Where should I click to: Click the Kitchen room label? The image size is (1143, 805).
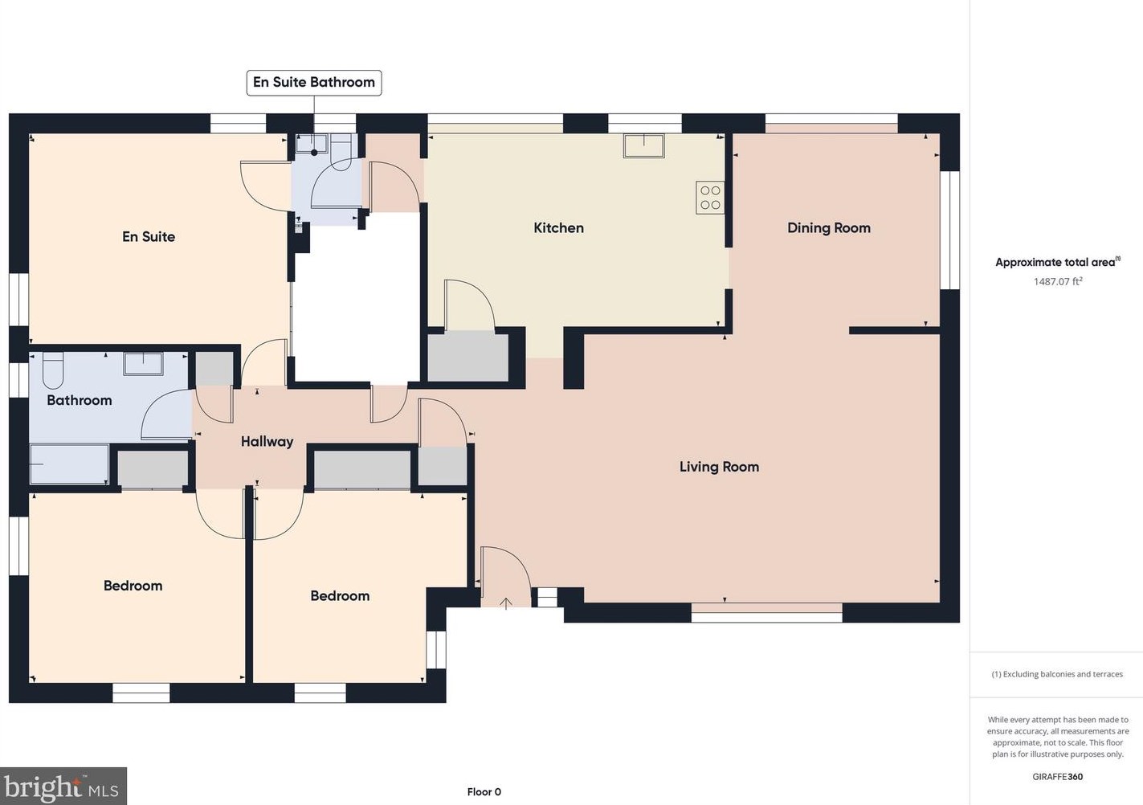pos(559,227)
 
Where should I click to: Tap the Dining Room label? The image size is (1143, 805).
pos(829,227)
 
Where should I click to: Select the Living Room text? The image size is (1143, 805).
pos(719,467)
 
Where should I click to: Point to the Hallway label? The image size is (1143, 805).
pos(267,442)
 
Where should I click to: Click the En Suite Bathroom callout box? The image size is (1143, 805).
pos(314,83)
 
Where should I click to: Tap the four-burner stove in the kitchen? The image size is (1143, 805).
pos(710,198)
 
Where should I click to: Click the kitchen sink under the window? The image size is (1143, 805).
pos(644,145)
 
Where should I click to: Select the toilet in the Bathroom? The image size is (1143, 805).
pos(52,372)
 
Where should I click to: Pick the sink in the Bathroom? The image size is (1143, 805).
pos(143,363)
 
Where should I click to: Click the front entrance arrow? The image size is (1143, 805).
pos(506,603)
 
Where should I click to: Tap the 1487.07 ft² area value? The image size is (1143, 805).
pos(1058,281)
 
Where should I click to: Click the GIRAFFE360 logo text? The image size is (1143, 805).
pos(1057,776)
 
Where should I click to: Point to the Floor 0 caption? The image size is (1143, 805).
pos(484,791)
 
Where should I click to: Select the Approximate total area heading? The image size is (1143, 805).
pos(1057,262)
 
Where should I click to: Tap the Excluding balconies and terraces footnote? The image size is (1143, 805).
pos(1057,674)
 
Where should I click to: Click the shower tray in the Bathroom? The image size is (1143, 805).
pos(69,464)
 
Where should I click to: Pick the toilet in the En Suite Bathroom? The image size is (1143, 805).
pos(341,152)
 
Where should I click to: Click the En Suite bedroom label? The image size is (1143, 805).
pos(149,237)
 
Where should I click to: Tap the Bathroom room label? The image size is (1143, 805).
pos(79,400)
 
